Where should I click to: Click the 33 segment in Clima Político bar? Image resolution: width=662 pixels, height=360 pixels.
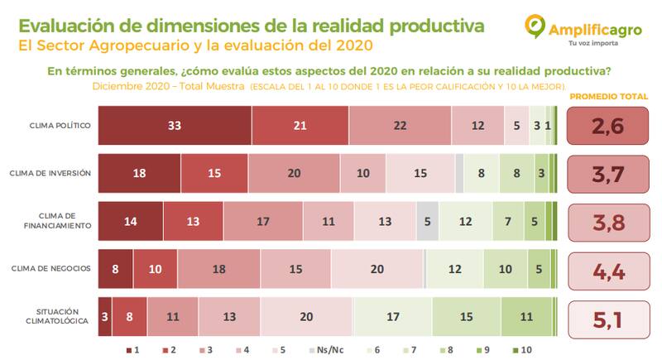pyautogui.click(x=175, y=125)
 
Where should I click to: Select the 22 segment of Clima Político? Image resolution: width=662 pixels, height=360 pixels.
pyautogui.click(x=401, y=125)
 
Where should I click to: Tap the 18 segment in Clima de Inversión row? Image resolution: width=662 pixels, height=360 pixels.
pyautogui.click(x=139, y=173)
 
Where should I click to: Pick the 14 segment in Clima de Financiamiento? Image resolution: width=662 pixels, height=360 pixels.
pyautogui.click(x=131, y=221)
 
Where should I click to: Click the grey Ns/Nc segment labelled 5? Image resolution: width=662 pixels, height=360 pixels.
pyautogui.click(x=427, y=221)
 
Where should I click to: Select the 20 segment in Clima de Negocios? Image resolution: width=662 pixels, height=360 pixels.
pyautogui.click(x=377, y=269)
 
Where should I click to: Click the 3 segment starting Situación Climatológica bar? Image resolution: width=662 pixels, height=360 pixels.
pyautogui.click(x=105, y=316)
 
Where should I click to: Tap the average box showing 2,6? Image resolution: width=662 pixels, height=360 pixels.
pyautogui.click(x=607, y=125)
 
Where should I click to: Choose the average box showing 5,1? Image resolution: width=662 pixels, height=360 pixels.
pyautogui.click(x=607, y=316)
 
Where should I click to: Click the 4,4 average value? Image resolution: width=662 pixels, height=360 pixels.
pyautogui.click(x=607, y=269)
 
